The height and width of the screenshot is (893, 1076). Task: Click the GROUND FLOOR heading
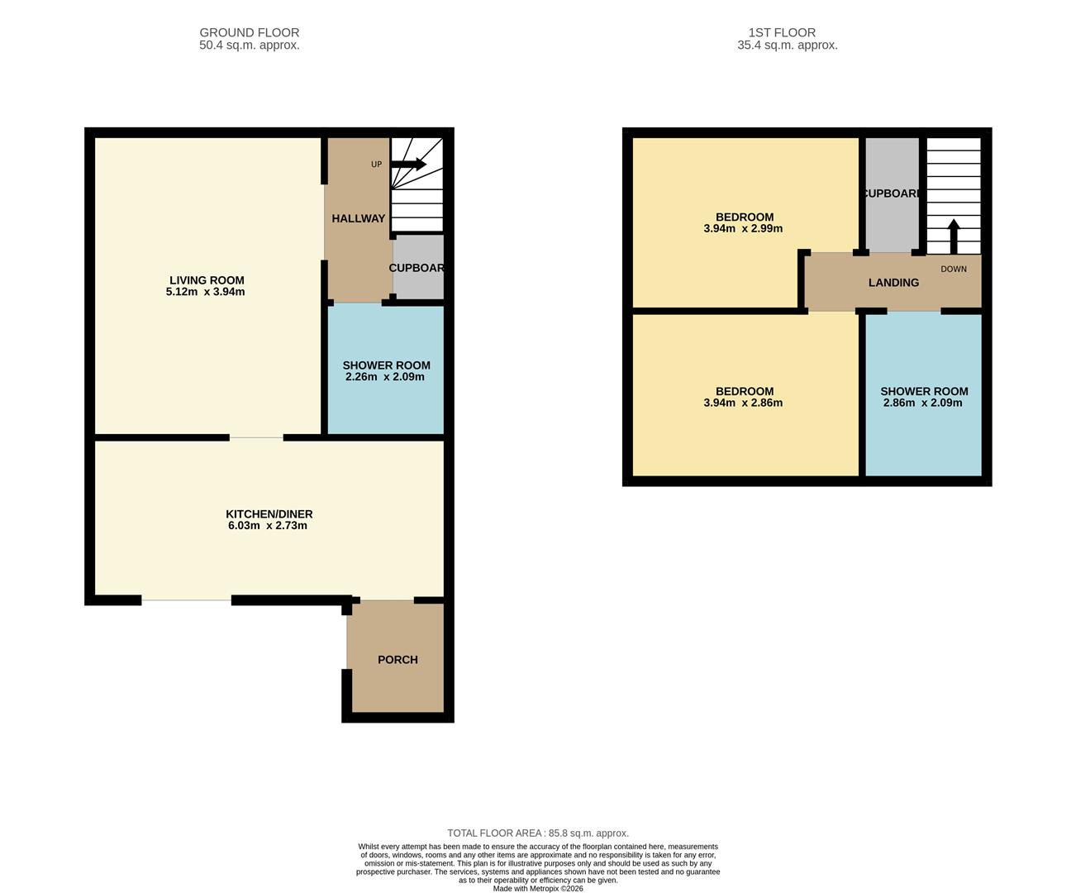[249, 33]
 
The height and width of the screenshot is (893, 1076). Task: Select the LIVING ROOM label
[207, 280]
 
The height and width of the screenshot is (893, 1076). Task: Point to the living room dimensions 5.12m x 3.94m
[205, 292]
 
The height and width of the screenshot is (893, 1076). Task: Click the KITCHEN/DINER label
[269, 514]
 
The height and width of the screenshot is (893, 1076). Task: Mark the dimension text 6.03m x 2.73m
[267, 526]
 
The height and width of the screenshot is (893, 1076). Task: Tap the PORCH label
[398, 660]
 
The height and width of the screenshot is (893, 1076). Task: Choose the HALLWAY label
[358, 218]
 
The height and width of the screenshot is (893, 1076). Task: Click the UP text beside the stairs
[376, 165]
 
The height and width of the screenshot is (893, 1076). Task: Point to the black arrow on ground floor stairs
[409, 165]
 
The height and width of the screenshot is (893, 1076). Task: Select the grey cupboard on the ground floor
[418, 268]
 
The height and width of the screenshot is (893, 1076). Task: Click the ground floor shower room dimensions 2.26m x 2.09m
[385, 377]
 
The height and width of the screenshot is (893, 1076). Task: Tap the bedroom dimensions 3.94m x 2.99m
[743, 229]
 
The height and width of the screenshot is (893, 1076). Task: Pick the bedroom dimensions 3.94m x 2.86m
[743, 404]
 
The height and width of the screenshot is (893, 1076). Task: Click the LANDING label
[893, 283]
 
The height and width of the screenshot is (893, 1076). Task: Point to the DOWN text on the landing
[953, 270]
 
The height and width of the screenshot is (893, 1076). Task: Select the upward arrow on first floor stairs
[953, 236]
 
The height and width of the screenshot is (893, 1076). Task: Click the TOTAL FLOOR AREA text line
[537, 833]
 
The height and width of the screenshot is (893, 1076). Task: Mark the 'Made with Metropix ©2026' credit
[537, 889]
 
